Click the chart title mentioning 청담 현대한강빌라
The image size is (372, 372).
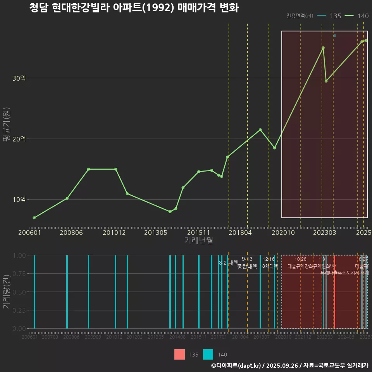point(134,8)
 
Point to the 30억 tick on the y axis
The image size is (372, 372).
point(19,78)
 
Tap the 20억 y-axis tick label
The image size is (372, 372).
point(19,139)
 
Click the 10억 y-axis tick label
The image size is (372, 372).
point(19,200)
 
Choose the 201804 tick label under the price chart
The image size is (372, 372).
point(240,233)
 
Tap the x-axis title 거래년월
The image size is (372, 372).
point(198,241)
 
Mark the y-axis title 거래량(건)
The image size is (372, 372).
point(7,292)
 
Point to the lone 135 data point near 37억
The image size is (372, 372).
point(335,36)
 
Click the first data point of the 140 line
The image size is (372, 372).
point(34,218)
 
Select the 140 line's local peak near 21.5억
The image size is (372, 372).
point(260,130)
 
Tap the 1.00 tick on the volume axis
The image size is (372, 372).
point(19,255)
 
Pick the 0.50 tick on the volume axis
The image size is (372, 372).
point(19,292)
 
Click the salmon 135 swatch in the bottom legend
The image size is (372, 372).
point(179,355)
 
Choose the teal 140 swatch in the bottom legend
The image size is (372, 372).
point(208,355)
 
